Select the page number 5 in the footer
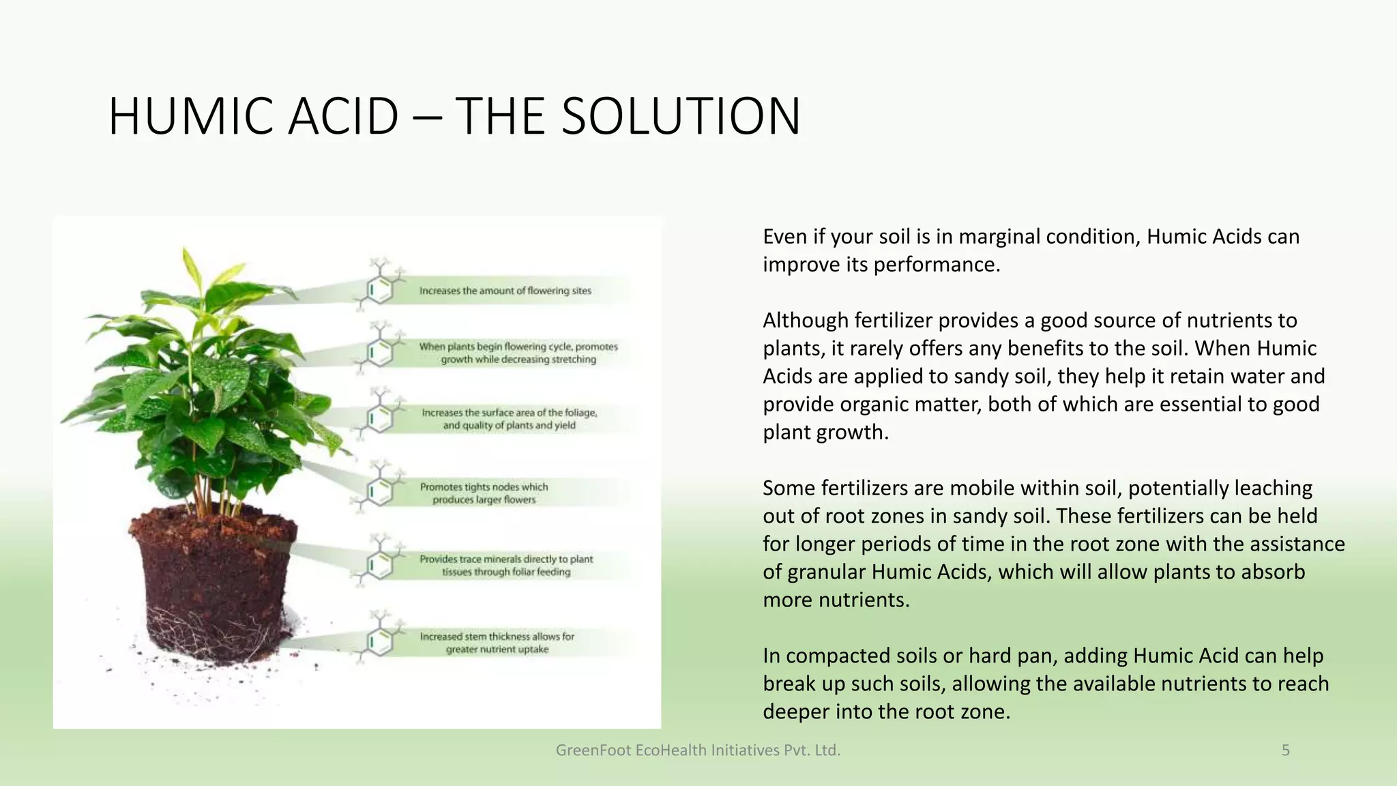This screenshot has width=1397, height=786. [1285, 751]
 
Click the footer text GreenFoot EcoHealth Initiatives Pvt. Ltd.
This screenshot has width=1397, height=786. [698, 751]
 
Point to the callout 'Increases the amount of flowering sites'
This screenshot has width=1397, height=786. [505, 291]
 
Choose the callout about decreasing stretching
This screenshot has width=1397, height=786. [518, 353]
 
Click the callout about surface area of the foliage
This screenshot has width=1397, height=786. [509, 419]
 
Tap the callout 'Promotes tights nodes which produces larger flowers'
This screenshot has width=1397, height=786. [484, 493]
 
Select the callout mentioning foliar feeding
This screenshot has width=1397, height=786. [505, 566]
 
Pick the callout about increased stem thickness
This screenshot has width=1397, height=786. [497, 643]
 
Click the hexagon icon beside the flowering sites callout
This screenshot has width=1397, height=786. [380, 289]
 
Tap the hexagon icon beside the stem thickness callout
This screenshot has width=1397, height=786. [380, 642]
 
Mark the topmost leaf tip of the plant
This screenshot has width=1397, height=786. [186, 251]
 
